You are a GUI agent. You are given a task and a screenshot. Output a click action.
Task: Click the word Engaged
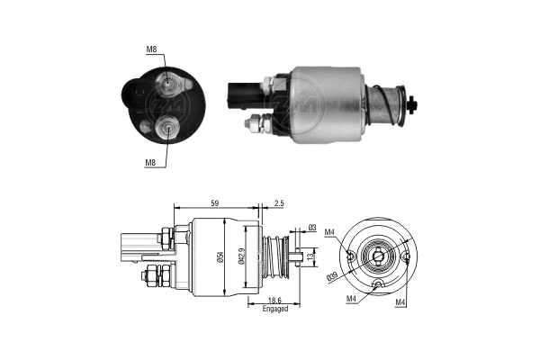274,309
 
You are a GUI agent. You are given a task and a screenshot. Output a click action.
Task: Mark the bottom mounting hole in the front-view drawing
380,285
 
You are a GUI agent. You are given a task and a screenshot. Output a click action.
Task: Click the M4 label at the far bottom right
400,302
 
